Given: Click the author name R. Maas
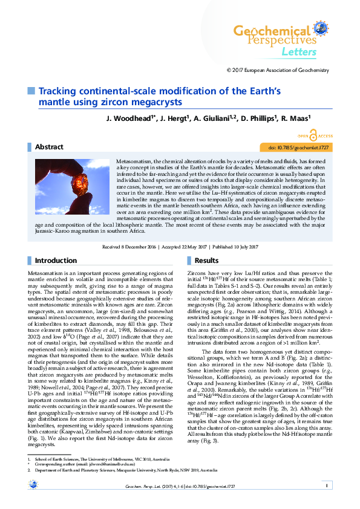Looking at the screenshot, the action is click(x=311, y=118).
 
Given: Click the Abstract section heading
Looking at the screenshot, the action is click(x=49, y=147).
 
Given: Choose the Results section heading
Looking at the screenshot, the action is click(x=206, y=261).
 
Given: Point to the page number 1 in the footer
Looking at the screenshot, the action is click(x=326, y=485).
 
